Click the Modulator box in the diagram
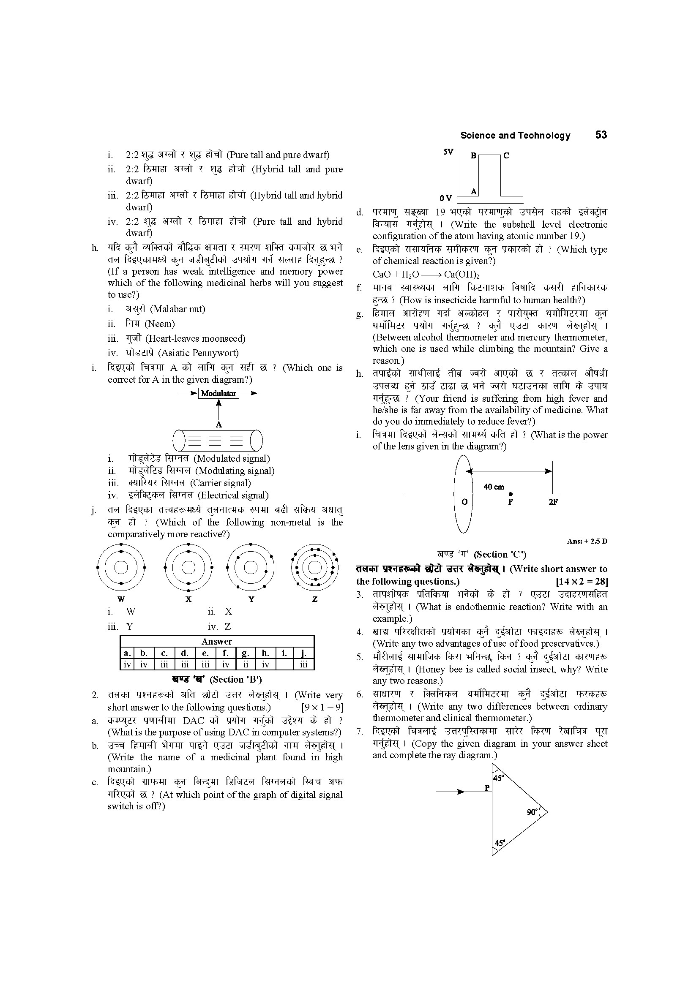click(218, 393)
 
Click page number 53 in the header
click(601, 135)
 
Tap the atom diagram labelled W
click(121, 568)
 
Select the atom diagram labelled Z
click(315, 568)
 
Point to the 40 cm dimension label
click(494, 487)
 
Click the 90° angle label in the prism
click(532, 812)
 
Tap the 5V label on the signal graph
click(448, 152)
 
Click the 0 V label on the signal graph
click(446, 199)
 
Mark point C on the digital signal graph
click(506, 156)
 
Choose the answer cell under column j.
click(304, 664)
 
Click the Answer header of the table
click(217, 642)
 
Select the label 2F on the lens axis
click(553, 502)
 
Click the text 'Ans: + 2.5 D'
click(587, 542)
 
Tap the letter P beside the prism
click(487, 788)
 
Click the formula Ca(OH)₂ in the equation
click(461, 275)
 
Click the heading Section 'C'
click(499, 555)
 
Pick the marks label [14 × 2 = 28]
click(582, 582)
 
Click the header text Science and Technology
click(515, 136)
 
